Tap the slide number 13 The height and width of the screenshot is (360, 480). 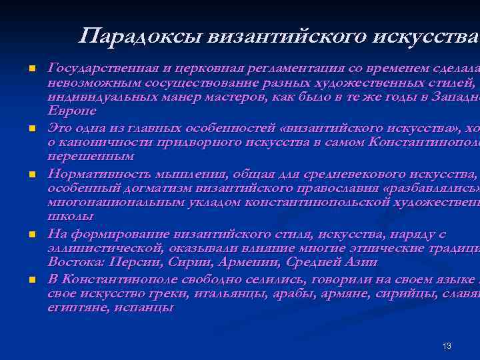pos(447,345)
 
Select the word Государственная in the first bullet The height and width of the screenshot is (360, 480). pos(94,67)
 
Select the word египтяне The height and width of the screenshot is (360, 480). pos(73,308)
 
